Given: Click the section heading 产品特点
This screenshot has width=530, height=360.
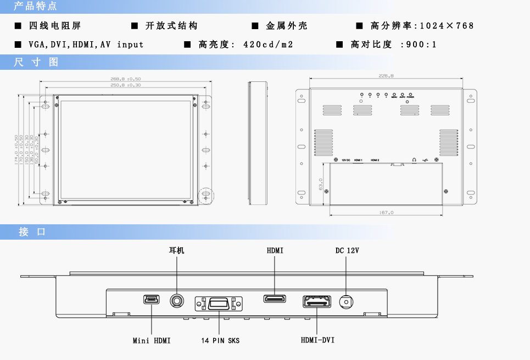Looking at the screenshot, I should tap(35, 7).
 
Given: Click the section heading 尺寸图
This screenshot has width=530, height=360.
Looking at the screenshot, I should tap(36, 62).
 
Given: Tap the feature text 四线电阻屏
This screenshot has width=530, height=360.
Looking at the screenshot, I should tap(55, 26).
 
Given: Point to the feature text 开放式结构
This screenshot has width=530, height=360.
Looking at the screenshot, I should tap(171, 26).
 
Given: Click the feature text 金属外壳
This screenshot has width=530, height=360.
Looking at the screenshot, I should tap(287, 26).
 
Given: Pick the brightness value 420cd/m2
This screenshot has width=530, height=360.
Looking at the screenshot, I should tap(268, 45).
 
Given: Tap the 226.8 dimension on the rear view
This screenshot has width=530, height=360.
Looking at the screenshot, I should tap(387, 76).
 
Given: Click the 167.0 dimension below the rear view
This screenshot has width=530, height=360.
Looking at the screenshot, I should tap(387, 212).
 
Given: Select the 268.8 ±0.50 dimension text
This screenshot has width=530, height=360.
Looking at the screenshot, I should tap(126, 79).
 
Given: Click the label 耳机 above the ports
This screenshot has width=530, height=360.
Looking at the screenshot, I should tap(177, 251).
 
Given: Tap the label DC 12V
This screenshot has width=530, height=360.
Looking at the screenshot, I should tap(347, 251).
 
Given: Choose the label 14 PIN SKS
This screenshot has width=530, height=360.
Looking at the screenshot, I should tap(220, 341).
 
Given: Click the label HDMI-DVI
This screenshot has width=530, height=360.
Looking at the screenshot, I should tap(317, 340).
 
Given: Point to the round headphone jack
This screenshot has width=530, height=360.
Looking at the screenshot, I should tap(177, 301).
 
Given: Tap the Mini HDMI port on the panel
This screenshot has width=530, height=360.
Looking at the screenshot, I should tap(151, 299).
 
